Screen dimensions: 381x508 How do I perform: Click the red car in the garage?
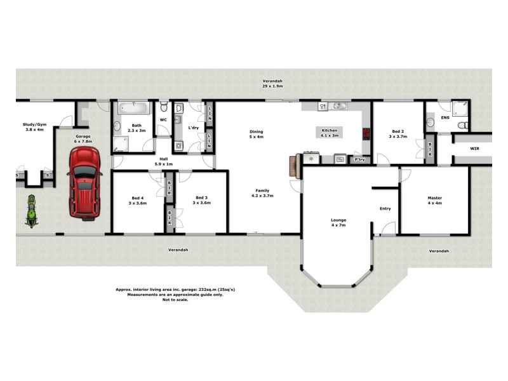tap(84, 183)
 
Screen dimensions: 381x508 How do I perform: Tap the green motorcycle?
tap(30, 211)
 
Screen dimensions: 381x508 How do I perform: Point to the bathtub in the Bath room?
tap(133, 109)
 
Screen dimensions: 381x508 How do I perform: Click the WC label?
tap(163, 119)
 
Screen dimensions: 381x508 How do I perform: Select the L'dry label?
tap(194, 128)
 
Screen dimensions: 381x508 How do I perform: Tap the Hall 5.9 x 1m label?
tap(164, 161)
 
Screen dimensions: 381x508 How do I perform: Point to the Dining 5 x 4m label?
tap(256, 134)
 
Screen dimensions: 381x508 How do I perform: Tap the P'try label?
tap(359, 159)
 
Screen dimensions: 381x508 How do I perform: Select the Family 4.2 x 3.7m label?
tap(264, 193)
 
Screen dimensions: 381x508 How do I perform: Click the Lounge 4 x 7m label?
tap(338, 223)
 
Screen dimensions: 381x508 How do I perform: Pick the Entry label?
tap(385, 208)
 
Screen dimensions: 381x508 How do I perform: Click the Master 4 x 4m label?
tap(435, 201)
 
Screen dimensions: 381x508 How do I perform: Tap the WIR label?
tap(474, 149)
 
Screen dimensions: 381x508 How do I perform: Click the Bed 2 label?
tap(397, 134)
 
